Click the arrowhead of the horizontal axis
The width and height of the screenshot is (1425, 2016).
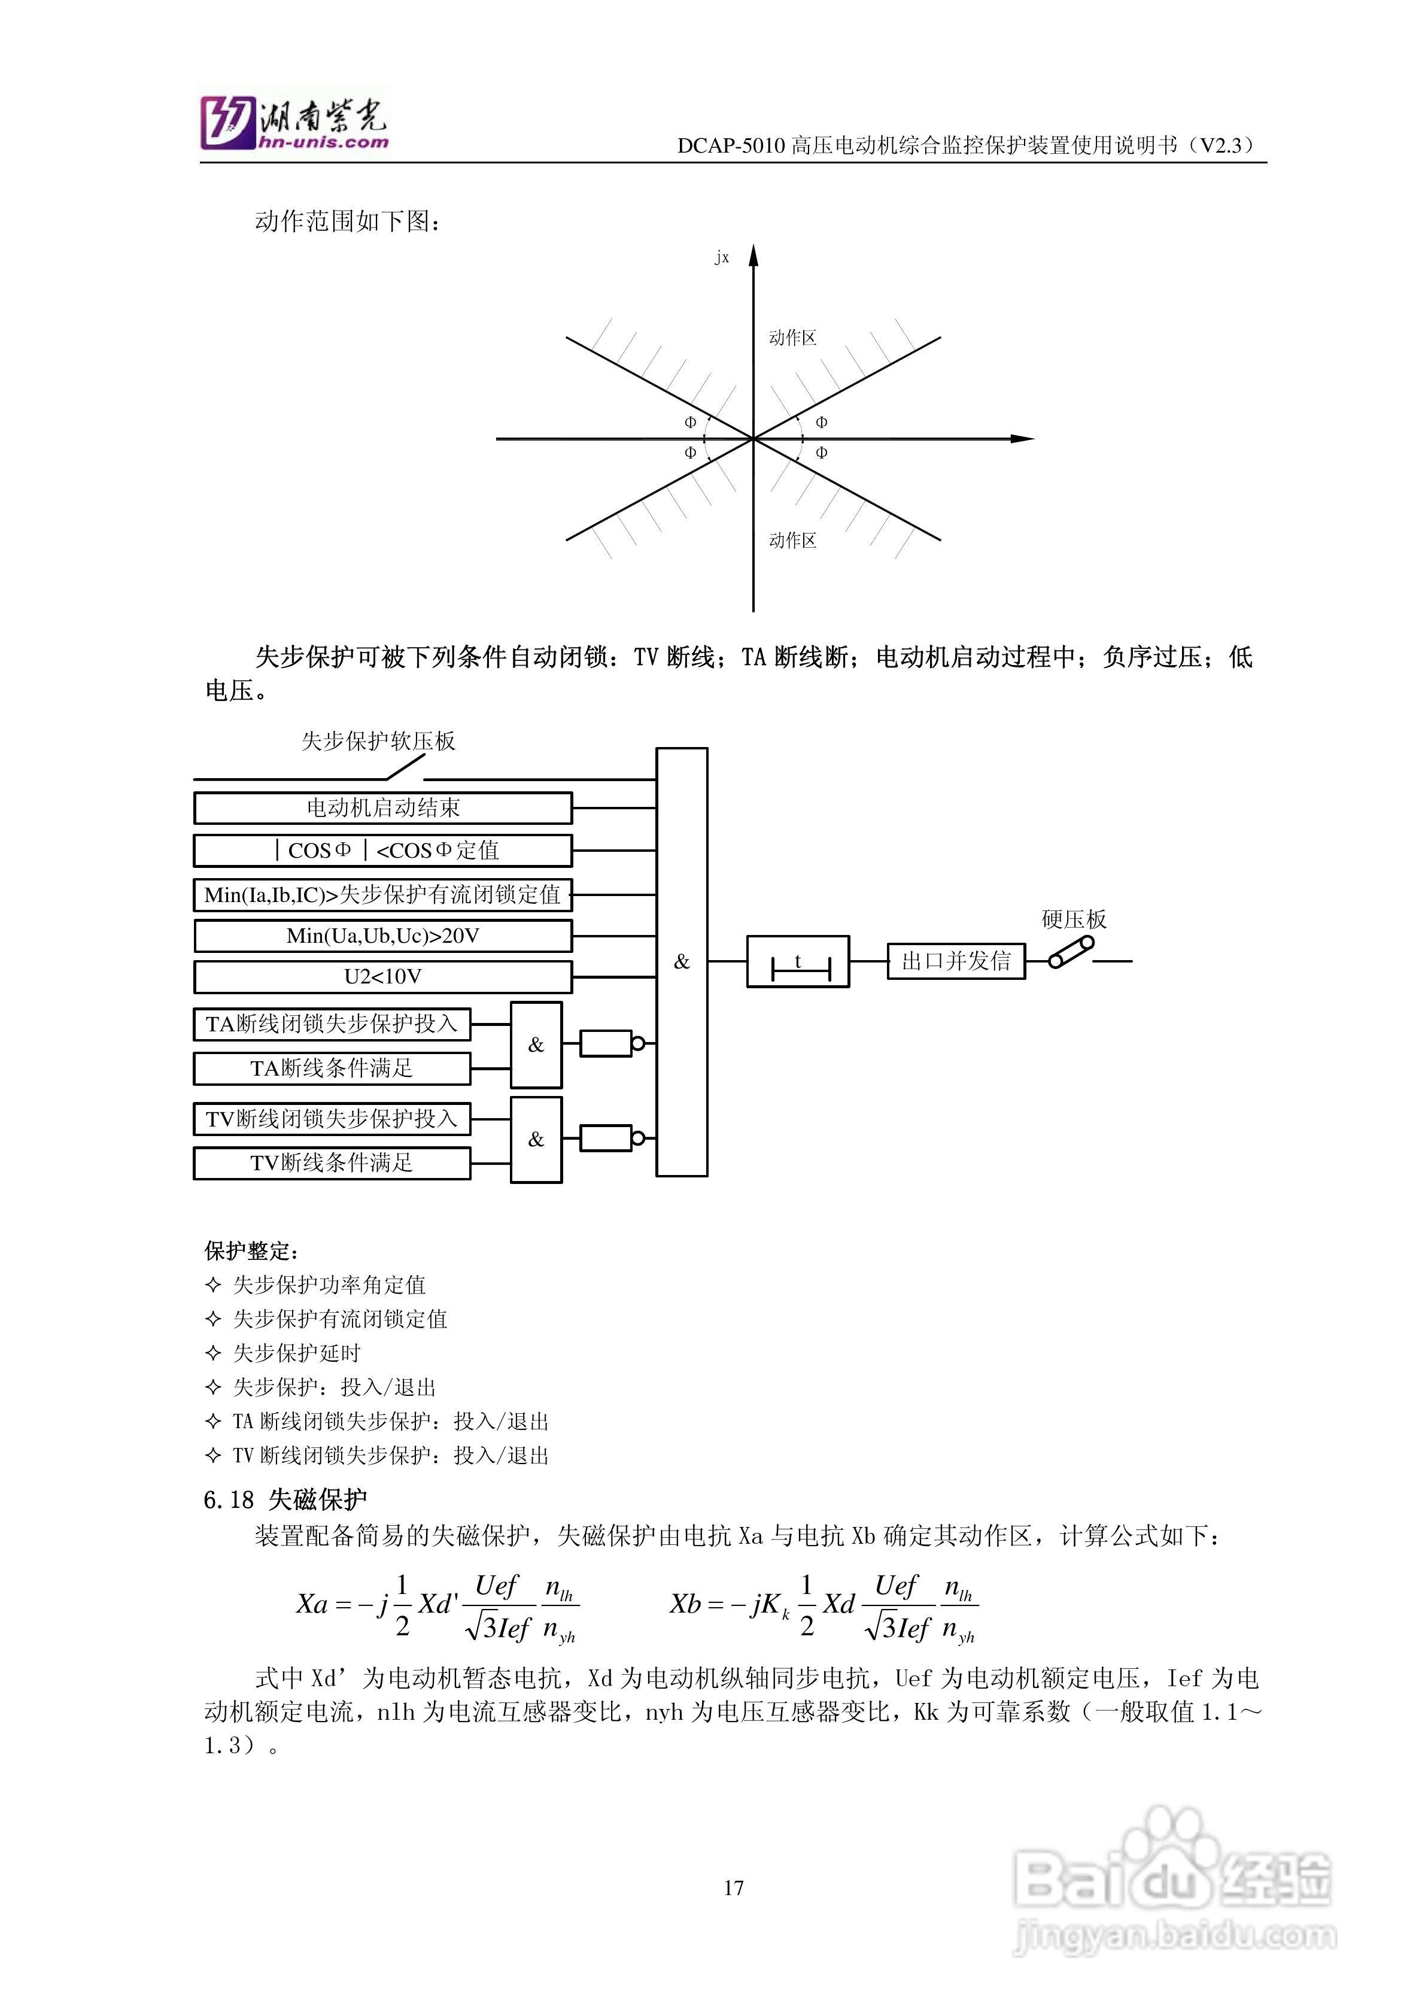1022,438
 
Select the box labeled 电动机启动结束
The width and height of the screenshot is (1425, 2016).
383,808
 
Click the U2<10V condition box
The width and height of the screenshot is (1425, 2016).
383,976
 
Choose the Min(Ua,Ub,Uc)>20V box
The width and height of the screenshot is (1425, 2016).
383,936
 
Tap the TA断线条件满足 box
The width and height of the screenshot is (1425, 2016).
332,1068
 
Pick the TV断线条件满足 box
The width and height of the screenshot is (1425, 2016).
332,1164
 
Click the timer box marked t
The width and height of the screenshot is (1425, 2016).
797,963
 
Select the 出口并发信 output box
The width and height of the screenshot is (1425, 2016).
956,961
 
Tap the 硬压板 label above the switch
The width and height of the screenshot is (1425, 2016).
1074,919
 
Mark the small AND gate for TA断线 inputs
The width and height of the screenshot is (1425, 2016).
536,1045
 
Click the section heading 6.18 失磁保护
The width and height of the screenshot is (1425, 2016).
285,1499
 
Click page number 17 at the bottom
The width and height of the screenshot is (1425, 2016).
734,1888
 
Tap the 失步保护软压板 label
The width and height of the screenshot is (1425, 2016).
378,741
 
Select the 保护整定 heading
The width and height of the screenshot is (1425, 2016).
252,1250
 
